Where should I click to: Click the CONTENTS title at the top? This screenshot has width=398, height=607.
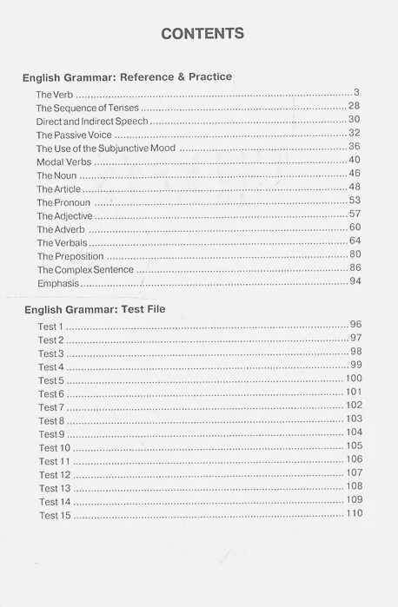202,34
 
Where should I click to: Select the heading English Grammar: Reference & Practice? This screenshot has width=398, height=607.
127,77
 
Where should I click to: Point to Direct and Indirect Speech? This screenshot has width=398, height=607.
92,122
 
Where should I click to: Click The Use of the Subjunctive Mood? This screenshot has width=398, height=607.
106,148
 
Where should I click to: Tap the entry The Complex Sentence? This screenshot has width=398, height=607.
85,270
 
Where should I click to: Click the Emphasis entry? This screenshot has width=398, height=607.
57,283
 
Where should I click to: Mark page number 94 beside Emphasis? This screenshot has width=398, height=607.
355,282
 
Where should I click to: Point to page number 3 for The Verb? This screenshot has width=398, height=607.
357,93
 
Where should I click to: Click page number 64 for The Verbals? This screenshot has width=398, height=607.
355,241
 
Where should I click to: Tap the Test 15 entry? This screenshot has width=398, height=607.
54,516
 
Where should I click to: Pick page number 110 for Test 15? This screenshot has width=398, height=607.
353,514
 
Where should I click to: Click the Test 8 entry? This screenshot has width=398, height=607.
51,421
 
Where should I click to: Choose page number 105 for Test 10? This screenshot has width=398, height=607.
353,446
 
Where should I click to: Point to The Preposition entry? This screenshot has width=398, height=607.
70,256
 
